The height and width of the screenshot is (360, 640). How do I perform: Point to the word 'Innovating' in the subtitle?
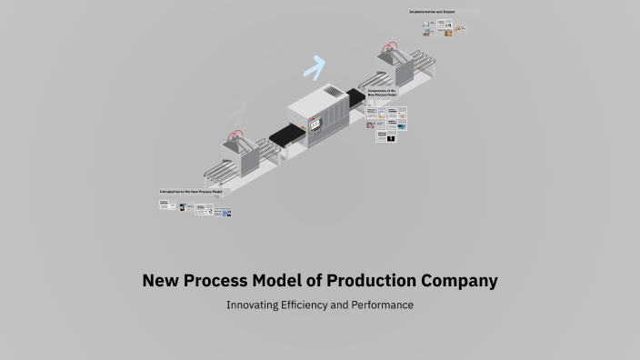[255, 305]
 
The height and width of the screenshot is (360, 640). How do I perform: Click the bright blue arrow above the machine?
[315, 65]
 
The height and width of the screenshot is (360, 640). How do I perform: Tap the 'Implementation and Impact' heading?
[433, 12]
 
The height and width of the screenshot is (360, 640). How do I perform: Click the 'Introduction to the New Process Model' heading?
[191, 192]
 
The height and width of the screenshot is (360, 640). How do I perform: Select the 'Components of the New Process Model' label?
[383, 94]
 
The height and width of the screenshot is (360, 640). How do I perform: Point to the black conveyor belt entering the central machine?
[285, 136]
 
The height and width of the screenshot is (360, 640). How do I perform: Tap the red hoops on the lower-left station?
[238, 136]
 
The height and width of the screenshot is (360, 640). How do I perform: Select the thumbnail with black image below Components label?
[390, 137]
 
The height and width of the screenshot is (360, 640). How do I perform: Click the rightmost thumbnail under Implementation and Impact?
[461, 28]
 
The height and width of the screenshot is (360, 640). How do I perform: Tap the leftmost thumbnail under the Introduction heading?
[165, 205]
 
